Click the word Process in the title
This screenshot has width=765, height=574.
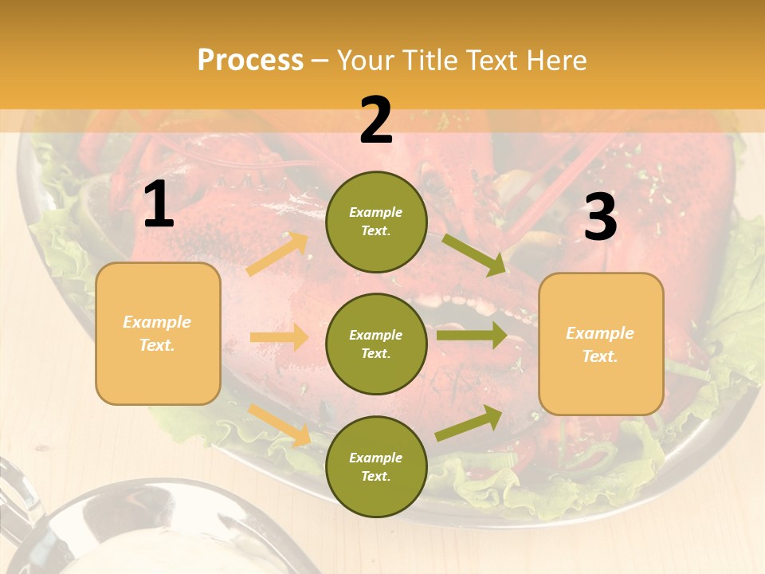coord(250,60)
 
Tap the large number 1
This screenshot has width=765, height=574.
coord(159,204)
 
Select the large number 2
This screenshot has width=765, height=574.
coord(376,120)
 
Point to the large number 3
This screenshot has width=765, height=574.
coord(600,218)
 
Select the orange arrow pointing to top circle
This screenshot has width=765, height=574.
coord(277,254)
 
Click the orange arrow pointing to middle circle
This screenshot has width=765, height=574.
coord(279,337)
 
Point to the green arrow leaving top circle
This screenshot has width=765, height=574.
coord(473,255)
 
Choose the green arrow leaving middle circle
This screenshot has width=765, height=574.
coord(471,335)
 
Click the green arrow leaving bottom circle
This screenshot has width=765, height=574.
coord(469,423)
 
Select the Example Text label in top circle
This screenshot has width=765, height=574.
coord(376,222)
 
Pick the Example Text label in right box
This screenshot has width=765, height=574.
coord(600,344)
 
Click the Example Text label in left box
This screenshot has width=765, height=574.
coord(157,333)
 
